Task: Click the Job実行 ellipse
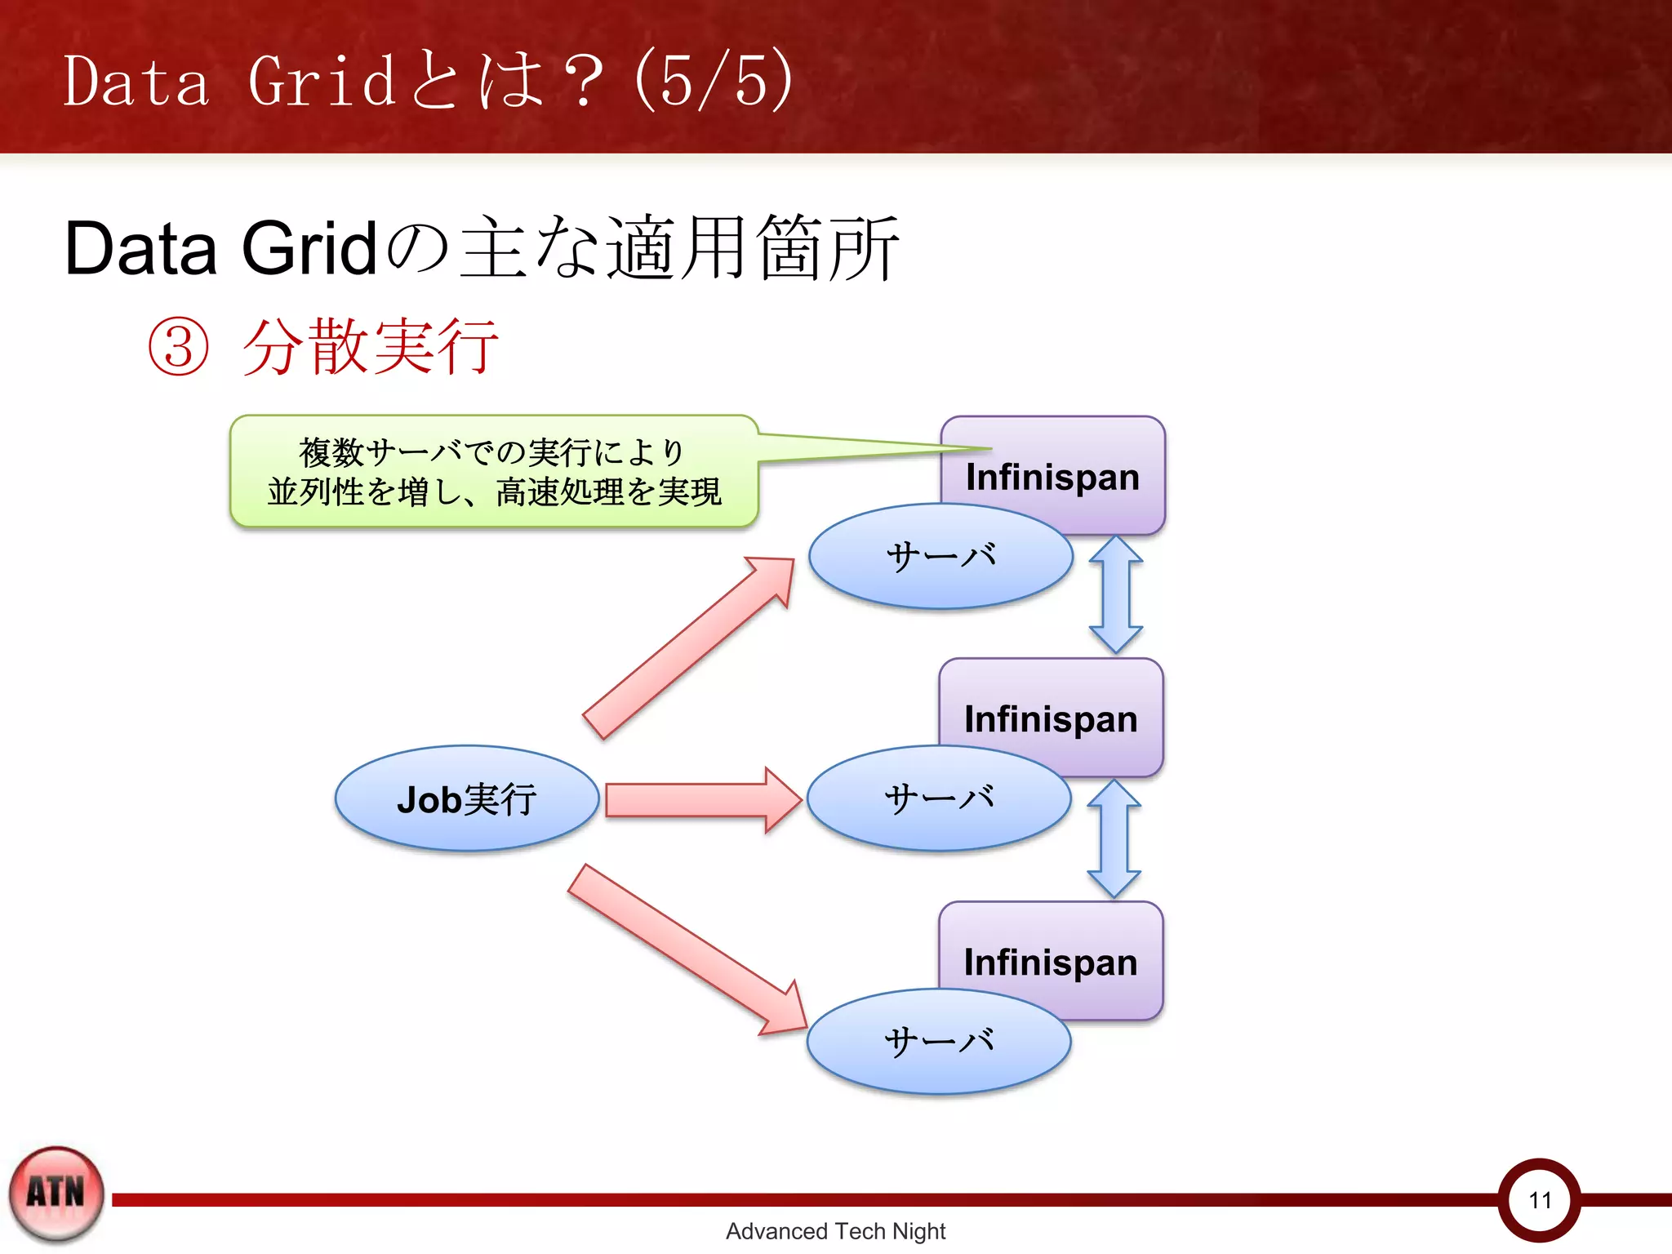(466, 798)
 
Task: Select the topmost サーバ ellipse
(940, 557)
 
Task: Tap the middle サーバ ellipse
(939, 798)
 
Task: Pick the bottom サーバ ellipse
(939, 1042)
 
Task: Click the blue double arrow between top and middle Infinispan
(1116, 594)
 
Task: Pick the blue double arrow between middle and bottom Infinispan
(1114, 838)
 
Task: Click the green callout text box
(494, 472)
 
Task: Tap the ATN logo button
(56, 1193)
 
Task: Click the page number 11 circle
(1540, 1199)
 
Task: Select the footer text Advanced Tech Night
(835, 1231)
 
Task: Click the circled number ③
(178, 347)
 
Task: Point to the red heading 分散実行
(371, 347)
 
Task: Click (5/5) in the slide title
(714, 80)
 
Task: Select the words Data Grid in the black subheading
(220, 248)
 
